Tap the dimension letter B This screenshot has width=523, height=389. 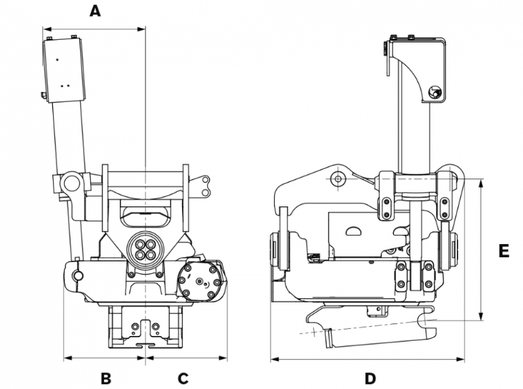[x=105, y=379]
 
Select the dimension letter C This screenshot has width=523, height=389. [x=183, y=379]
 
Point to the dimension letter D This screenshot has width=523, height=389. [x=370, y=379]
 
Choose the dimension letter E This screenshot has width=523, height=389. [x=504, y=251]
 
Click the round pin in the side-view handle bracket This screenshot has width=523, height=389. [x=434, y=92]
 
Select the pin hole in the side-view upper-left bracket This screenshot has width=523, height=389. [x=338, y=179]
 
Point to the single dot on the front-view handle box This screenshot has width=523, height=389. [x=56, y=61]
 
